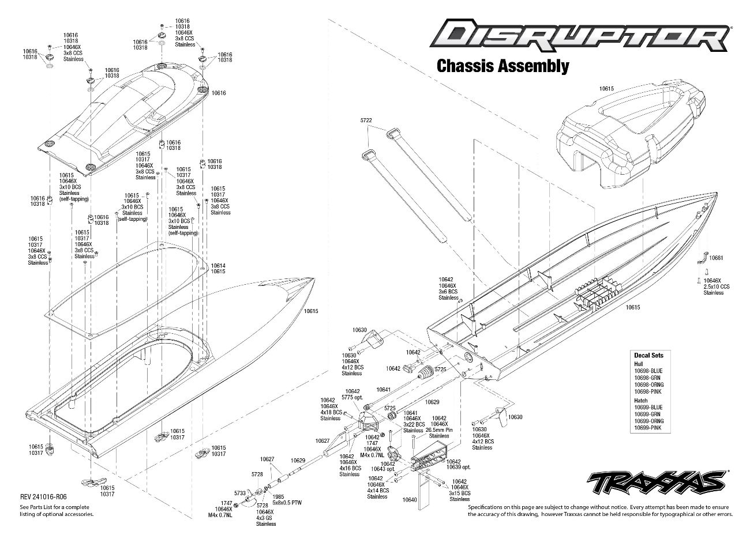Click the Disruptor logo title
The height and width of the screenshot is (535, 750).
point(580,36)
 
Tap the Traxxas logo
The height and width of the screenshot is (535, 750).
point(657,483)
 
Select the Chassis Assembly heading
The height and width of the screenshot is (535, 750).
point(503,66)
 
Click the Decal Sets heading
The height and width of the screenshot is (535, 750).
point(648,355)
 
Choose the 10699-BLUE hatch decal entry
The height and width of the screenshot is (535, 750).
point(648,407)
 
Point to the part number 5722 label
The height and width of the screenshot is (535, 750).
point(366,120)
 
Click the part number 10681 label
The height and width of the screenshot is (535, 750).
point(716,258)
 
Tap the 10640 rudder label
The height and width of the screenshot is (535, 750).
point(410,499)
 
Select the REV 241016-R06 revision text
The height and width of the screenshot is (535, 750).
point(43,496)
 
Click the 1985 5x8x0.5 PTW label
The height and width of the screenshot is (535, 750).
point(287,499)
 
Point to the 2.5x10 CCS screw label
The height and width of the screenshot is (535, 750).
point(717,287)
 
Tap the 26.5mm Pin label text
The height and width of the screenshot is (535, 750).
point(439,430)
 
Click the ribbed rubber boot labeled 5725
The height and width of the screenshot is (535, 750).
point(425,372)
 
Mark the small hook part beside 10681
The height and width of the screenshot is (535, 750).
point(703,258)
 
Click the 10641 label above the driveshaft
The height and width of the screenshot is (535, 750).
point(384,390)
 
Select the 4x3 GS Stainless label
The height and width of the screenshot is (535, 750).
point(266,521)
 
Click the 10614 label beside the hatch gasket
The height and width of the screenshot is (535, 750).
point(218,266)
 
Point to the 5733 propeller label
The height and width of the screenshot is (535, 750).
point(240,493)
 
